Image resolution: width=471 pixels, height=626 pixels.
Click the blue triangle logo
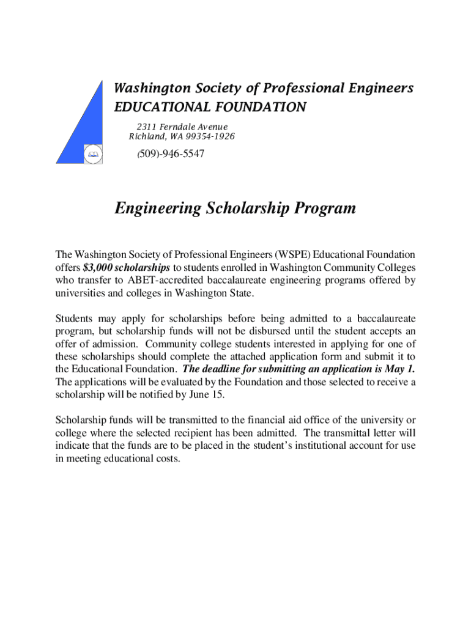[x=86, y=131]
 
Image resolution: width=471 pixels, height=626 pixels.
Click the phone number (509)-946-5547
[x=171, y=154]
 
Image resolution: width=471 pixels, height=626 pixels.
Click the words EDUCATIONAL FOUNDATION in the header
[x=210, y=108]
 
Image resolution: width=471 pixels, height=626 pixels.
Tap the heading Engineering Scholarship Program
[x=235, y=208]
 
